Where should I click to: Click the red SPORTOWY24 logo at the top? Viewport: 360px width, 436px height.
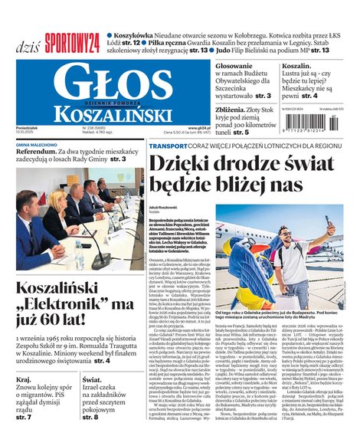[72, 42]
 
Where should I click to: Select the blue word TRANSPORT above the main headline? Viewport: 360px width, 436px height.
[168, 145]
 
